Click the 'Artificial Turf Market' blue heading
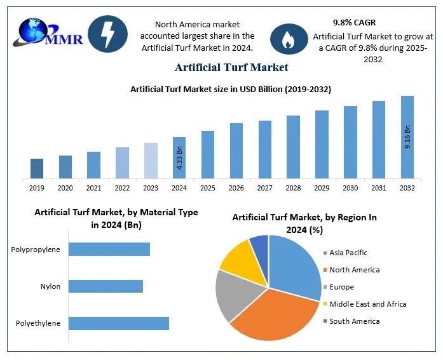click(x=231, y=67)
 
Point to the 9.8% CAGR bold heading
click(x=354, y=22)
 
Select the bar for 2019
click(x=37, y=168)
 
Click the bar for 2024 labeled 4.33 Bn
click(x=179, y=157)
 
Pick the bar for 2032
click(x=407, y=137)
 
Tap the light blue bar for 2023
click(x=151, y=160)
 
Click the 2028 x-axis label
click(x=293, y=188)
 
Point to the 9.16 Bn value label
click(x=407, y=137)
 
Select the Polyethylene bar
click(x=118, y=323)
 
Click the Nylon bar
click(x=106, y=286)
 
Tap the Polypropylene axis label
click(x=36, y=250)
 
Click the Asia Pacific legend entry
click(x=348, y=253)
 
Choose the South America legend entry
click(x=354, y=321)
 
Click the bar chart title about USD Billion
click(x=231, y=90)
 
